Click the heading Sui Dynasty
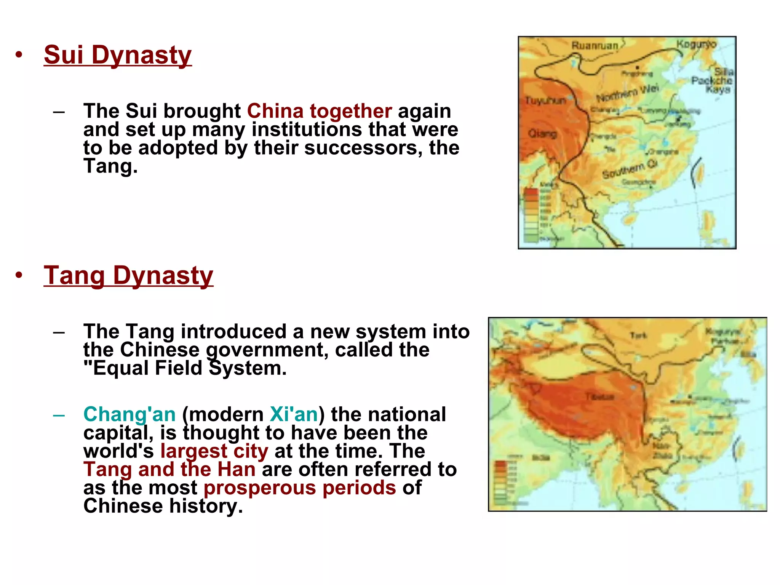pos(118,55)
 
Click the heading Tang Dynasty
pos(128,275)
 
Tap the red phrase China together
pos(319,111)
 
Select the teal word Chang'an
pos(129,414)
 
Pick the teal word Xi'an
pos(294,414)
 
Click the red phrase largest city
pos(214,451)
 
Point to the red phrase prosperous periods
pos(300,488)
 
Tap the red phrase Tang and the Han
pos(169,470)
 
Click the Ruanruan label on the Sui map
pos(595,46)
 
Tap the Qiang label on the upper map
pos(542,134)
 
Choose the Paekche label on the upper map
pos(711,80)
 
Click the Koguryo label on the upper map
pos(696,45)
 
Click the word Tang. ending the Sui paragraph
pos(110,166)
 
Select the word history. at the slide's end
pos(206,506)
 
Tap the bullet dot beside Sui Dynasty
pos(19,55)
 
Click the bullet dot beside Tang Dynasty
pos(19,275)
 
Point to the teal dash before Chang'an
pos(59,415)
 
